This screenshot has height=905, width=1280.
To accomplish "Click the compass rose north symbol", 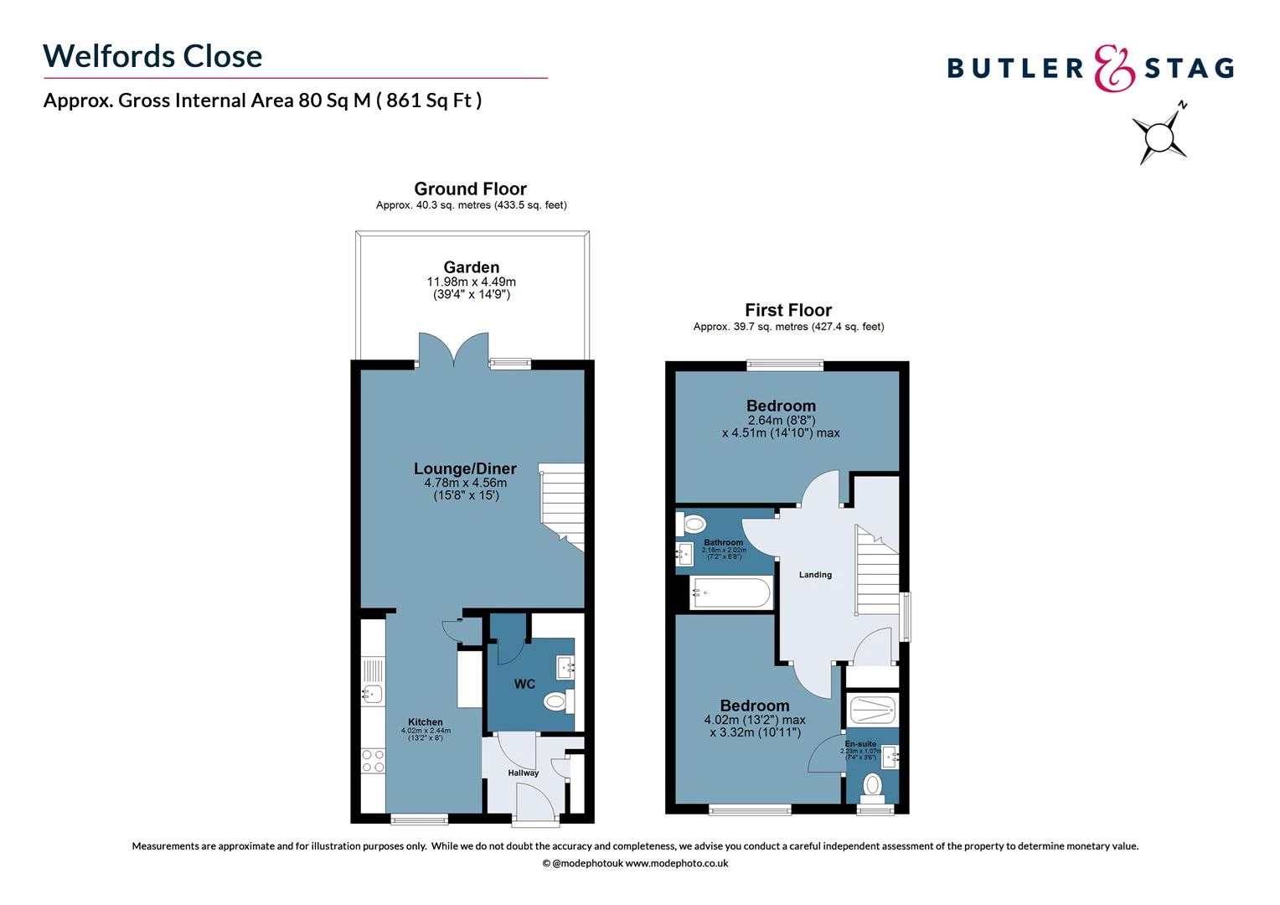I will click(x=1160, y=134).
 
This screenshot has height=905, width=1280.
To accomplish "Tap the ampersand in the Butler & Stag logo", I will click(x=1115, y=68).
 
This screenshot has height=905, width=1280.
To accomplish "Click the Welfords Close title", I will click(x=152, y=56).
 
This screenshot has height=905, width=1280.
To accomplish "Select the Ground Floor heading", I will click(x=470, y=189).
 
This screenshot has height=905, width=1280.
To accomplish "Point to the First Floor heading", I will click(x=788, y=310).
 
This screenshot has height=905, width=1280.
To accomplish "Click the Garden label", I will click(x=472, y=267).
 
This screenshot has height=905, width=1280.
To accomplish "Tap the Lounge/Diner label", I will click(x=465, y=469).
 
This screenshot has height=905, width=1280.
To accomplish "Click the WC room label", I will click(x=524, y=685).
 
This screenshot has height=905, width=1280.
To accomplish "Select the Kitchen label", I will click(x=426, y=722).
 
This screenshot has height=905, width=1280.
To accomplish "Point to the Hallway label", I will click(x=524, y=773).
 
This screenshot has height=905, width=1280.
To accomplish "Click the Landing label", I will click(x=815, y=575).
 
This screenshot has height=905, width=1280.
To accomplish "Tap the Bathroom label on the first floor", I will click(x=723, y=543).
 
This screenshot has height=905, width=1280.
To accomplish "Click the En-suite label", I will click(x=860, y=744).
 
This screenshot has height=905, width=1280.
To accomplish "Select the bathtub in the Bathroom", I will click(x=730, y=593).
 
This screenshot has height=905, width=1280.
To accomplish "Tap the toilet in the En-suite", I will click(x=872, y=785).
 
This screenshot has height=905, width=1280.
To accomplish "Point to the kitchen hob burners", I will click(x=373, y=760).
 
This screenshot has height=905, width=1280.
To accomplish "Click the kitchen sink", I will click(x=372, y=693).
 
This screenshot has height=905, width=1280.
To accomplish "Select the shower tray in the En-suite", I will click(x=873, y=710).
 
